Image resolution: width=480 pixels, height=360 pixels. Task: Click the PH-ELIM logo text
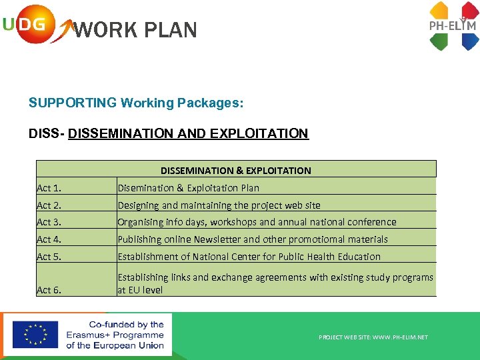[x=452, y=26]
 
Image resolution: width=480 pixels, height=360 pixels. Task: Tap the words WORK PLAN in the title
[x=135, y=31]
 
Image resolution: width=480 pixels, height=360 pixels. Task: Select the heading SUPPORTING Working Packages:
[x=136, y=103]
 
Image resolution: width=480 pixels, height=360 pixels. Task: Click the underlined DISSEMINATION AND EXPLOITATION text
[x=188, y=133]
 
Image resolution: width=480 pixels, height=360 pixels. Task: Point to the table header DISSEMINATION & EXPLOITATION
[x=235, y=171]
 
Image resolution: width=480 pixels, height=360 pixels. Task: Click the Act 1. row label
[x=49, y=188]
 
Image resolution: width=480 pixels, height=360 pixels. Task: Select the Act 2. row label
[x=49, y=205]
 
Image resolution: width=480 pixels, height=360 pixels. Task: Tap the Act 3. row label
[x=49, y=222]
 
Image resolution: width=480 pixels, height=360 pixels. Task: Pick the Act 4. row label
[x=49, y=239]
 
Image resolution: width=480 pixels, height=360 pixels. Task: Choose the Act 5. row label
[x=49, y=257]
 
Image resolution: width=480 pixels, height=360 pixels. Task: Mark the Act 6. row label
[x=49, y=290]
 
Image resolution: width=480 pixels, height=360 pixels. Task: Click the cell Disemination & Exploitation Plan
[x=188, y=188]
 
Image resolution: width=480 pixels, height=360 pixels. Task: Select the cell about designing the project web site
[x=219, y=205]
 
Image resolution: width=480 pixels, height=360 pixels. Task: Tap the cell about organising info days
[x=257, y=222]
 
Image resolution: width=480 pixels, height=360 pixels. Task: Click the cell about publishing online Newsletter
[x=253, y=239]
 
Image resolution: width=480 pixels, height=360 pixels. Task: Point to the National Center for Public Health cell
[x=249, y=257]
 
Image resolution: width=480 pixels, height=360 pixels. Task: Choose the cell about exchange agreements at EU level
[x=275, y=283]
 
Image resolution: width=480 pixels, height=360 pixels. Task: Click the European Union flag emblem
[x=35, y=335]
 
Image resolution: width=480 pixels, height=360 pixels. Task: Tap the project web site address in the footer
[x=373, y=337]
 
